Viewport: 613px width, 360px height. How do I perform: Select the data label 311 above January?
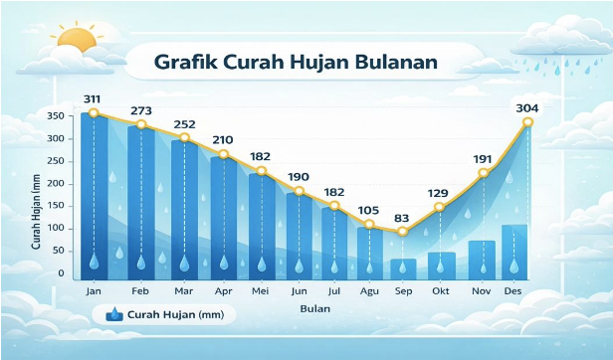(93, 98)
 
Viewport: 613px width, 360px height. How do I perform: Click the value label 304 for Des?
(527, 107)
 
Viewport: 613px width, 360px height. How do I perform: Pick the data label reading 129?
(439, 192)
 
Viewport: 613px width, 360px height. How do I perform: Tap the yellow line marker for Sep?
(402, 232)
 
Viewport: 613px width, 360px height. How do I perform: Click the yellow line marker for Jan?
(94, 113)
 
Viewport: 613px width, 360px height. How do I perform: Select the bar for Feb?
(140, 199)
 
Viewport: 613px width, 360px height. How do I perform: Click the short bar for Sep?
(402, 267)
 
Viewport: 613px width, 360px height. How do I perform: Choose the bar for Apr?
(223, 214)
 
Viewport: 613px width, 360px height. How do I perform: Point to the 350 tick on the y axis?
(55, 116)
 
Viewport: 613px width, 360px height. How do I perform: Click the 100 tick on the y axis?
(55, 228)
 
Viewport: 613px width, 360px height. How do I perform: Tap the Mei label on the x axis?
(262, 290)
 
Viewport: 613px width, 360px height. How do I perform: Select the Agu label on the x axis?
(369, 290)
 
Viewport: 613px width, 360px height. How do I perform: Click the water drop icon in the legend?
(113, 314)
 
